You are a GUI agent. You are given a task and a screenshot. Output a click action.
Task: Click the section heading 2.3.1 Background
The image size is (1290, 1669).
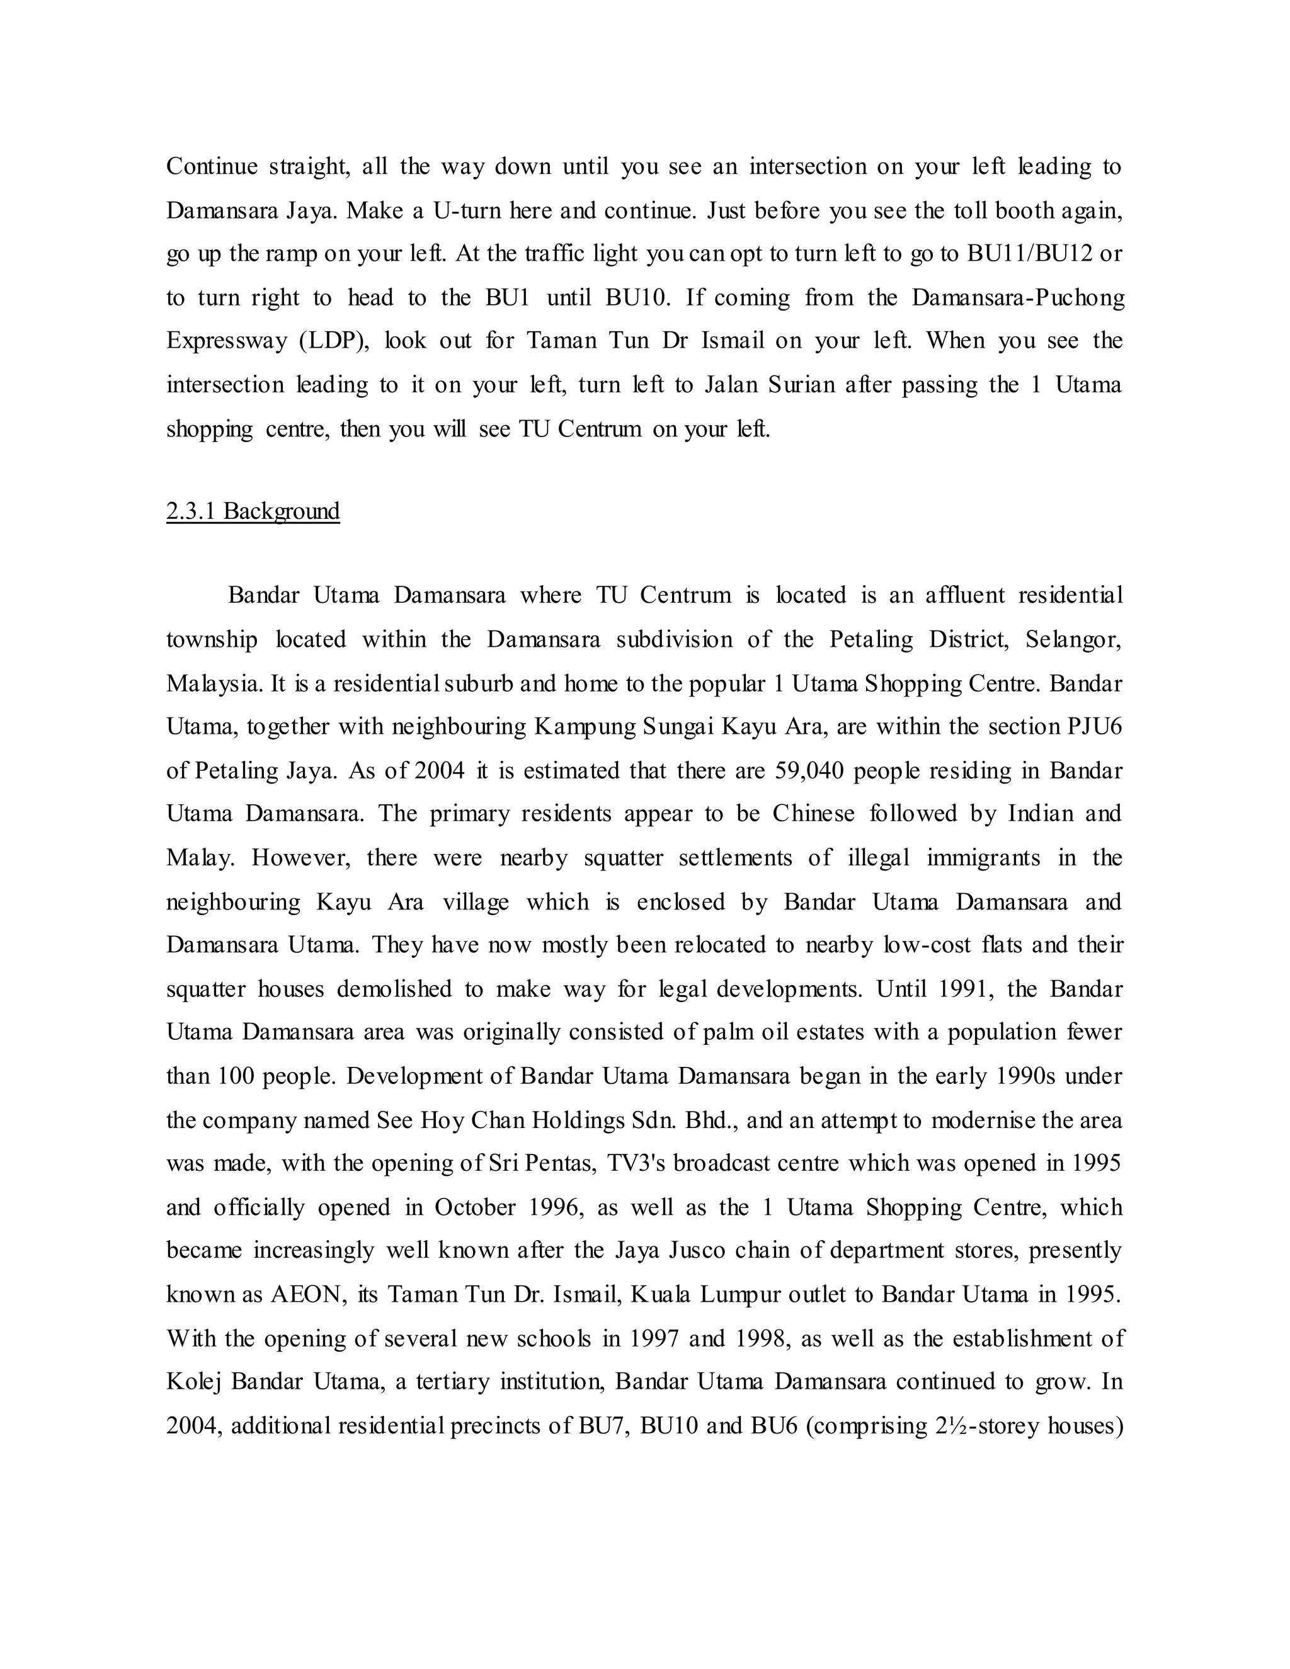coord(253,511)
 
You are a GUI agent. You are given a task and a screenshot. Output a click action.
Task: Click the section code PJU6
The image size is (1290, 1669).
coord(1093,726)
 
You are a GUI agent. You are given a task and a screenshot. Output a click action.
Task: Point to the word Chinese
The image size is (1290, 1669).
coord(813,813)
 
